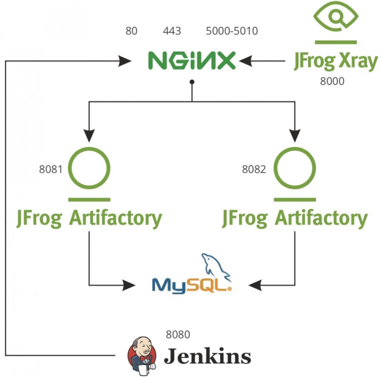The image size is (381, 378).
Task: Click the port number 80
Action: click(131, 31)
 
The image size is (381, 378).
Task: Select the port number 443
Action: click(172, 31)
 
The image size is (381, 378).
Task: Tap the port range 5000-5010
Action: click(232, 31)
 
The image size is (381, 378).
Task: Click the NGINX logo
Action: click(192, 61)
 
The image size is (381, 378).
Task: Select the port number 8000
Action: click(332, 81)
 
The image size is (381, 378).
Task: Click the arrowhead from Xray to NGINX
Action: click(246, 60)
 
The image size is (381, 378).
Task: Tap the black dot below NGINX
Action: click(192, 82)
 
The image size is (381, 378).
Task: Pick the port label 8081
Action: click(50, 169)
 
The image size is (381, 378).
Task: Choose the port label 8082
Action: click(254, 169)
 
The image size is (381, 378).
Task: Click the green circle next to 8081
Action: click(90, 168)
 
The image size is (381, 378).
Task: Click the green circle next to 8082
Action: click(295, 168)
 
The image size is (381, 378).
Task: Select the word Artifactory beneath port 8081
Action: click(115, 219)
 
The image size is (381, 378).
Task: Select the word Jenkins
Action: click(207, 357)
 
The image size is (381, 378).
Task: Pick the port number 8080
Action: click(178, 335)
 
